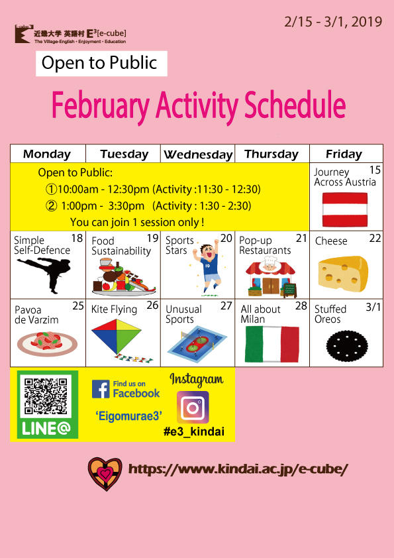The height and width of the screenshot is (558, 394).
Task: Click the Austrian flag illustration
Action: click(x=344, y=209)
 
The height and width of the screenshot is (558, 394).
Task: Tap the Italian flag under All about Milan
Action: click(x=272, y=344)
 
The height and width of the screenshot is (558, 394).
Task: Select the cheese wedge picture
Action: click(x=343, y=274)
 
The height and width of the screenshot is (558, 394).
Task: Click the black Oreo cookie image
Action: click(x=347, y=346)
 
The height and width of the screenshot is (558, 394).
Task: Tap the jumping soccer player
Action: click(x=207, y=267)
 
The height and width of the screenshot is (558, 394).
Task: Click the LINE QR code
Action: click(x=46, y=397)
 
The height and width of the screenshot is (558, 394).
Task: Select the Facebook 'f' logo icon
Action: click(x=101, y=388)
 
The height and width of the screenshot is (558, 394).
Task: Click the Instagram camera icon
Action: click(x=193, y=407)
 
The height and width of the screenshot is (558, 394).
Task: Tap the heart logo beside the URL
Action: click(x=105, y=474)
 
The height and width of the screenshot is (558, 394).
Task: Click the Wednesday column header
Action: click(x=198, y=154)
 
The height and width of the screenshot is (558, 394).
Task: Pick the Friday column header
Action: click(x=344, y=154)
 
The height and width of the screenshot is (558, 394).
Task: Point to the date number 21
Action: click(x=301, y=238)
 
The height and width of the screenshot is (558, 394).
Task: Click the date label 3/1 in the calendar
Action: click(x=373, y=306)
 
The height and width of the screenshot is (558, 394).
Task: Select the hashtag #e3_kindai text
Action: click(x=194, y=431)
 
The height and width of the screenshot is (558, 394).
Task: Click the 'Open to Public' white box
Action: click(x=101, y=64)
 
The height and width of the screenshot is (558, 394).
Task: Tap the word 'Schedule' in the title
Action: click(x=295, y=105)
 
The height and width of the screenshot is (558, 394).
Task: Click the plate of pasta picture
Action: click(x=47, y=343)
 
